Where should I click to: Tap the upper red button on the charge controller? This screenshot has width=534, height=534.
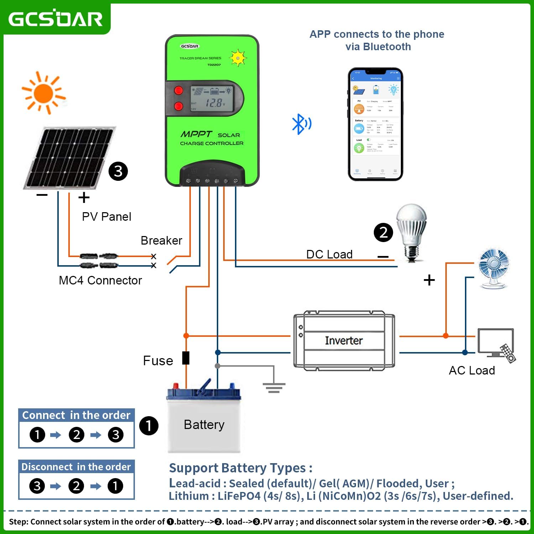(178, 90)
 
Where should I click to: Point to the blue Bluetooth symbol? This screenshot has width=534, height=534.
(301, 124)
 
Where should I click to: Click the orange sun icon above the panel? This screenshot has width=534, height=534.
(43, 93)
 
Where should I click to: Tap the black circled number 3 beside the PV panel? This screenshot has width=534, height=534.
(118, 171)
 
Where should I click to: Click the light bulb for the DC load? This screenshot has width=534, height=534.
(412, 231)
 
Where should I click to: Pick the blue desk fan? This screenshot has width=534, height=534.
(494, 268)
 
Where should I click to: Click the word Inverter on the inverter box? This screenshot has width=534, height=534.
(344, 340)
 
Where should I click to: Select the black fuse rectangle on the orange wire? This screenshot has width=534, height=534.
(185, 358)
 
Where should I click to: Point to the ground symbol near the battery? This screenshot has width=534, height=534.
(274, 387)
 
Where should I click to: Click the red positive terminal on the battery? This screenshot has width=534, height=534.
(176, 386)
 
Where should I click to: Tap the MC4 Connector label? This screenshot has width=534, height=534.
(100, 280)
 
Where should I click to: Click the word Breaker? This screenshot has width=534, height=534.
(161, 240)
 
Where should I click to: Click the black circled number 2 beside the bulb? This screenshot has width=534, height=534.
(383, 232)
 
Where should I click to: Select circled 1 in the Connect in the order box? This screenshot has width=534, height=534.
(37, 435)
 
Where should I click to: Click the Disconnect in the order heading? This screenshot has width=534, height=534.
(76, 467)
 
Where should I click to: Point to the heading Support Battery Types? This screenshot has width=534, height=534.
(241, 468)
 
